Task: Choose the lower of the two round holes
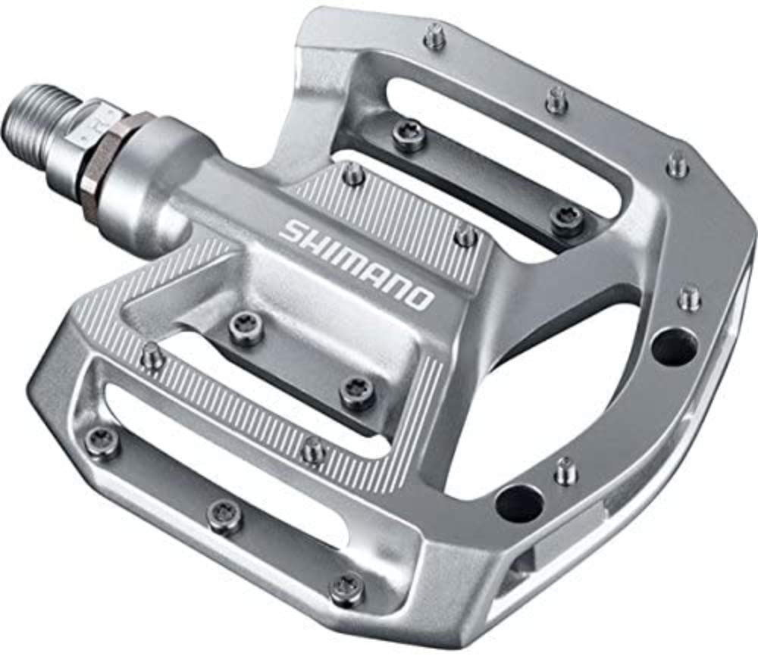point(520,501)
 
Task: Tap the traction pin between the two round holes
point(565,469)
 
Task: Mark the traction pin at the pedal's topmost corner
point(435,34)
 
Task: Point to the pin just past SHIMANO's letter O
point(465,236)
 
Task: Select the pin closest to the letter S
point(353,175)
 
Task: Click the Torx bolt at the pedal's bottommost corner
point(346,587)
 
